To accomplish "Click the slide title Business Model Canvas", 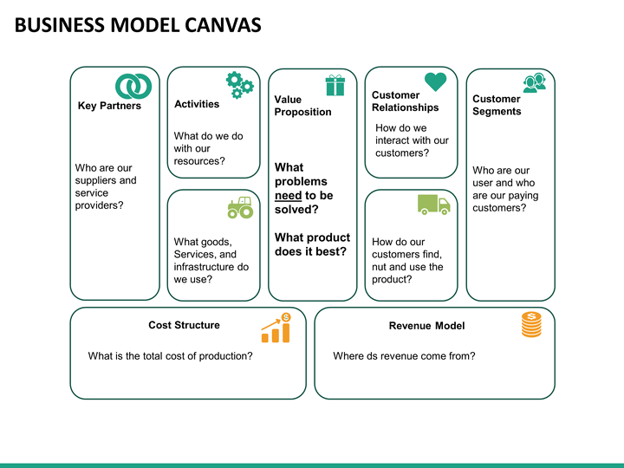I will coord(138,25).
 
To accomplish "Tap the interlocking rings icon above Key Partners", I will coord(133,86).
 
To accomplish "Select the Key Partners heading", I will coord(109,107).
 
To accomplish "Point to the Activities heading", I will coord(197,104).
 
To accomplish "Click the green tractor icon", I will coord(240,207).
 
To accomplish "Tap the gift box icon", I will coord(335,85).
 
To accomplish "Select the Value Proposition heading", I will coord(302,106).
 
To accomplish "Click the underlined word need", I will coord(289,196).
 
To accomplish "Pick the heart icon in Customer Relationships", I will coord(436,81).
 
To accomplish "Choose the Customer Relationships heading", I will coord(405,101).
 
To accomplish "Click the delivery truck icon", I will coord(433,205).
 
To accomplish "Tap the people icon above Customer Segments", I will coord(534,82).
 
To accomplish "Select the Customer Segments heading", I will coord(497,105).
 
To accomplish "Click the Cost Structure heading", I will coord(184,325).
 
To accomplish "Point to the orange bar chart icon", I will coord(276,328).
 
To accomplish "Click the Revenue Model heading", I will coord(426,326).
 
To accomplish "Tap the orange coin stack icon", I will coord(531,324).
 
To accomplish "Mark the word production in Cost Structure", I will coord(222,356).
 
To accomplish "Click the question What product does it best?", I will coord(312,244).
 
